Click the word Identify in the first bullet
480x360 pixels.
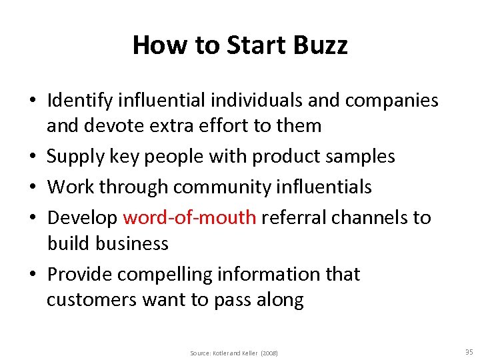tap(79, 101)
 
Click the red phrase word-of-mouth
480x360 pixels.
tap(190, 218)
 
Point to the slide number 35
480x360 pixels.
tap(469, 352)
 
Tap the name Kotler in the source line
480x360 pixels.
tap(222, 353)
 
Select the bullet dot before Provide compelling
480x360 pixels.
tap(32, 275)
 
